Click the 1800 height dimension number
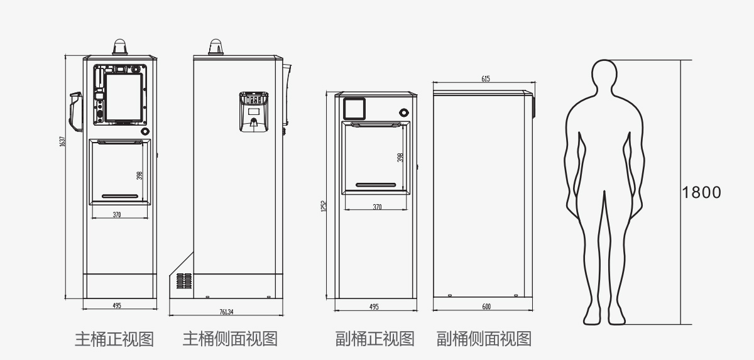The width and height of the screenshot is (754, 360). (x=702, y=192)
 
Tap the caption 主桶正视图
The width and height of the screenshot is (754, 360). (x=114, y=339)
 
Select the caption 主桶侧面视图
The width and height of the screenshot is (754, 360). (x=230, y=339)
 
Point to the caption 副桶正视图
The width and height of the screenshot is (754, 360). (x=375, y=339)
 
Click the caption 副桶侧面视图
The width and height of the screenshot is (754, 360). (x=484, y=339)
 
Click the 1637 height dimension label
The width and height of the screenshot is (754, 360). (x=63, y=141)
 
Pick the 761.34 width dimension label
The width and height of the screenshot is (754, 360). (x=226, y=312)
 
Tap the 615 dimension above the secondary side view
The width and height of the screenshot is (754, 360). (x=485, y=79)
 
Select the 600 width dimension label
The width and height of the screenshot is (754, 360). (x=486, y=307)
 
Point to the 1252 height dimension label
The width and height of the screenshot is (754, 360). (x=323, y=206)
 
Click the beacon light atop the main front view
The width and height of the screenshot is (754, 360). (x=119, y=47)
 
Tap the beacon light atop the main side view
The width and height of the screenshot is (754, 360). (x=216, y=47)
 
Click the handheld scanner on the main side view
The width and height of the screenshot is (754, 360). (x=254, y=111)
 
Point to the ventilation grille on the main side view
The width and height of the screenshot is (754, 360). (x=183, y=281)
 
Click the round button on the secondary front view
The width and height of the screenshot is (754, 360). (x=403, y=112)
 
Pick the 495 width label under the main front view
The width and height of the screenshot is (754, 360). (x=117, y=306)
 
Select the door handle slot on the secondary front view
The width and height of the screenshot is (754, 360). (x=376, y=185)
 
